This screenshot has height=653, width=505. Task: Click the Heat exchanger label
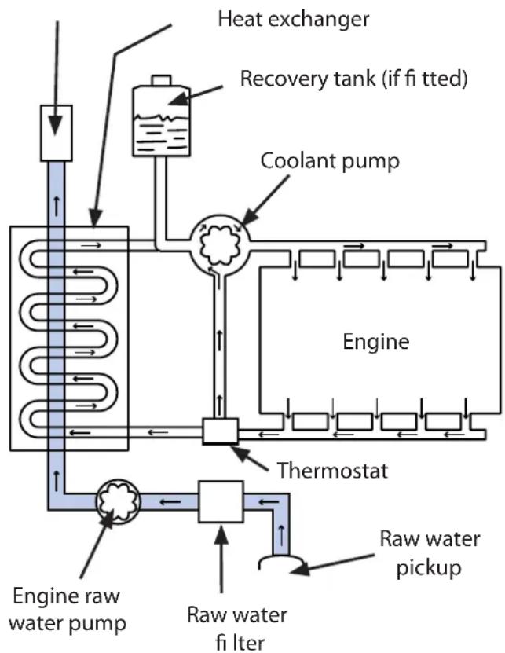[x=292, y=19]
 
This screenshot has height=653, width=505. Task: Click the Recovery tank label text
[x=355, y=79]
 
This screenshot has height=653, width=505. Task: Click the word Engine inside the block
[x=376, y=342]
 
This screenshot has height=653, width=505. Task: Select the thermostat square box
[x=220, y=431]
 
